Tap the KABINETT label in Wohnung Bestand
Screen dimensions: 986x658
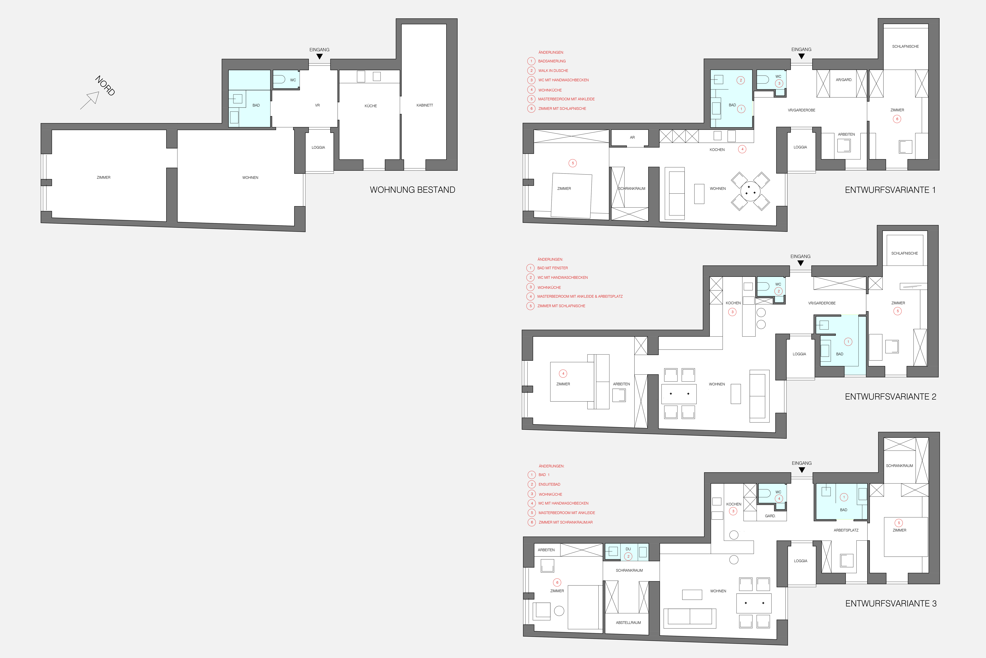424,105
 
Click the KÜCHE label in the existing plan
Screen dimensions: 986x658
371,106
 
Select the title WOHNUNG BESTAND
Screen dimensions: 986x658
412,190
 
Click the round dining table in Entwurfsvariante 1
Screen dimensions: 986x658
750,191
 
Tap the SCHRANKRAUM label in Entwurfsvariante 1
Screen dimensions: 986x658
632,188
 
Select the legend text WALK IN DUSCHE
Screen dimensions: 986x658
553,71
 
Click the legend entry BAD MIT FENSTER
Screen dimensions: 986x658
552,268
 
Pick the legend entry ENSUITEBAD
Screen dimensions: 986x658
549,484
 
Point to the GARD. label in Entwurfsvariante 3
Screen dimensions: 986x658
770,516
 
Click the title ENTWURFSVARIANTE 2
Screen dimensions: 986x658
890,397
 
